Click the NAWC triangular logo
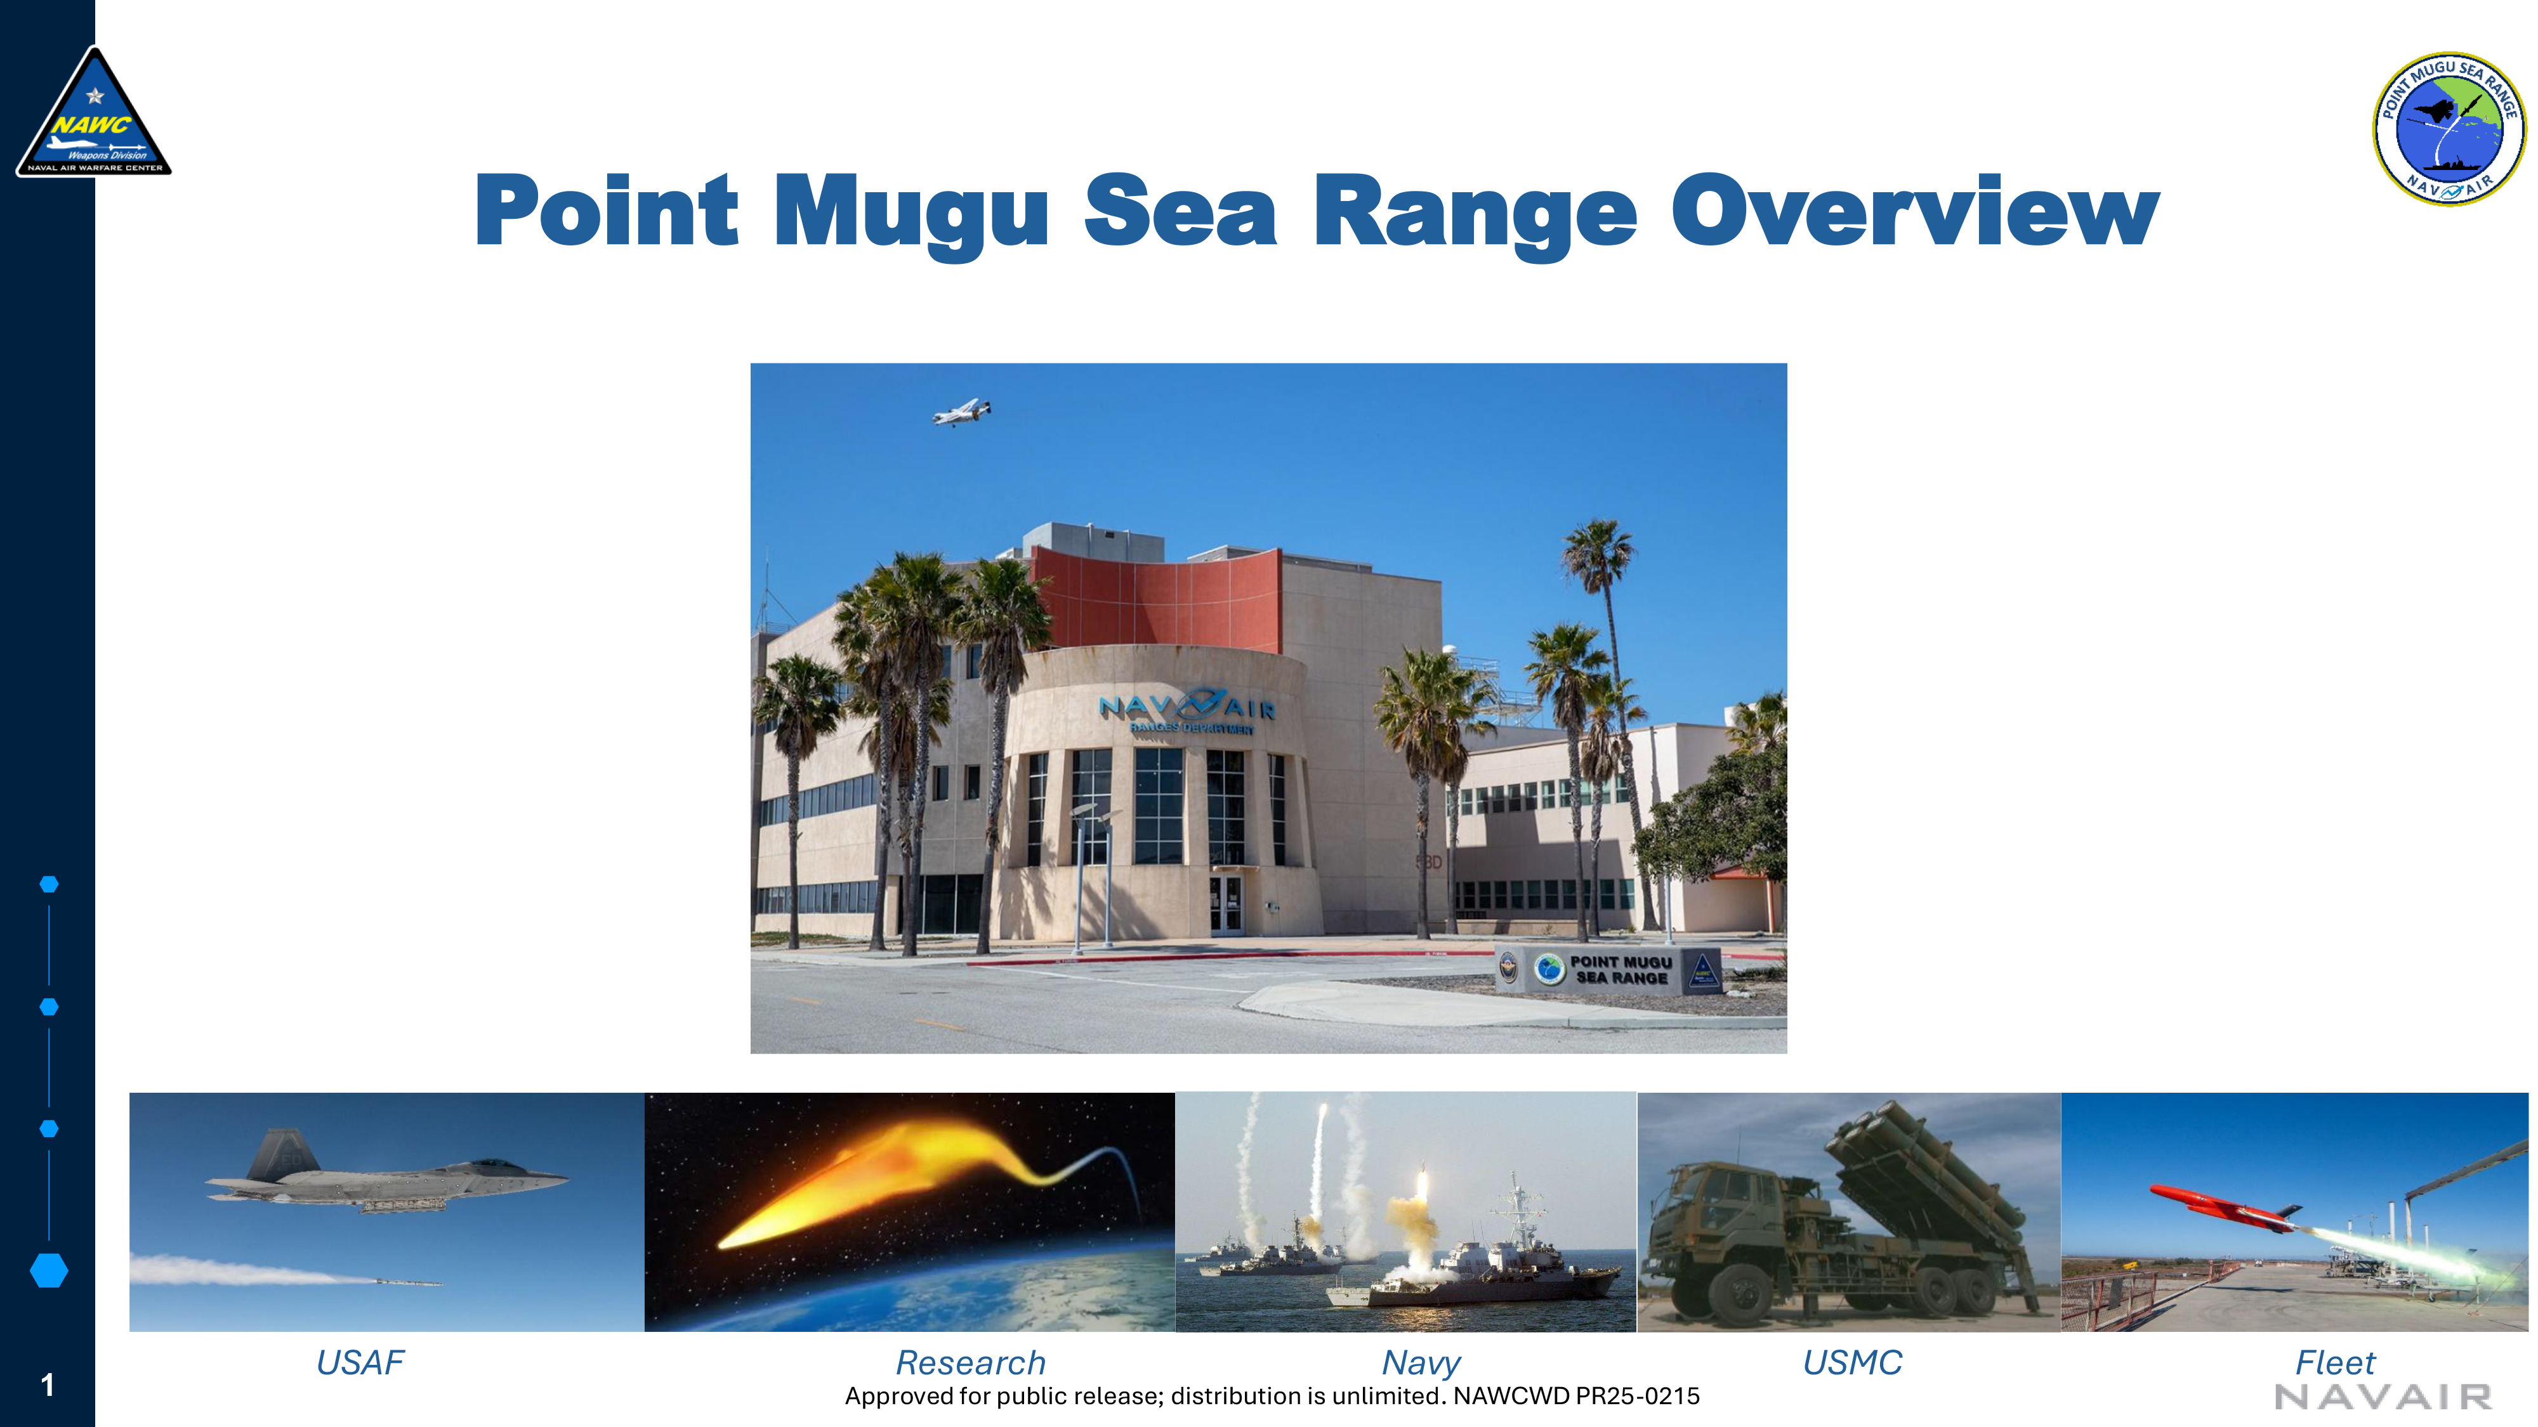tap(94, 114)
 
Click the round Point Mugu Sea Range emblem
tap(2449, 129)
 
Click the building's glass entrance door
tap(1226, 904)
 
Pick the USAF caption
tap(360, 1363)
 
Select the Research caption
tap(971, 1363)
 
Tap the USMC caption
tap(1852, 1363)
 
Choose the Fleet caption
tap(2335, 1363)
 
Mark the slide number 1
tap(48, 1386)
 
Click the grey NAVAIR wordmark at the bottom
tap(2383, 1397)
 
